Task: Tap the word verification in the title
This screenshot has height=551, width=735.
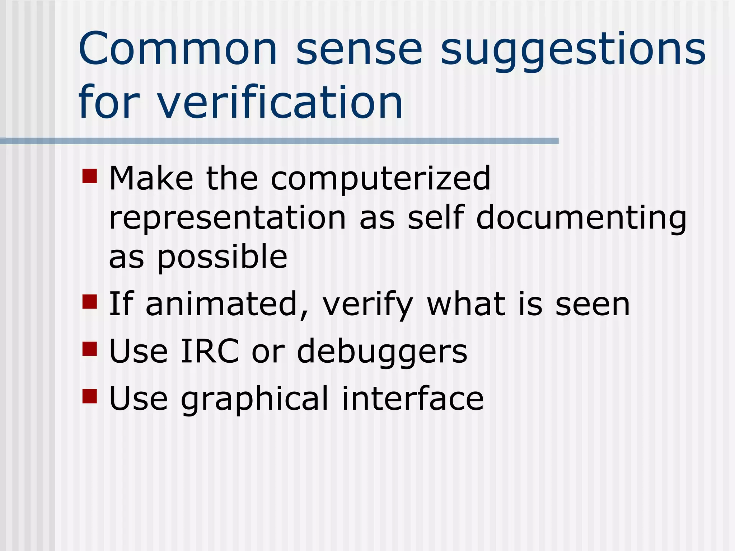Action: [x=280, y=102]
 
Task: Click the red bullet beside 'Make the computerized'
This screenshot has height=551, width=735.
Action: [x=90, y=176]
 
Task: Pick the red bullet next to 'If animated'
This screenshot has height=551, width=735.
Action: [x=90, y=302]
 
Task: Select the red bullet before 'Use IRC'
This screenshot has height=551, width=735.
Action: [x=90, y=349]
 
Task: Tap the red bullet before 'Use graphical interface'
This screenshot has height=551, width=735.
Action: [x=90, y=396]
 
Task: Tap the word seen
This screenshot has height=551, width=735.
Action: [x=593, y=305]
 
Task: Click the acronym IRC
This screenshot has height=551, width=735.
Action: [x=210, y=351]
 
